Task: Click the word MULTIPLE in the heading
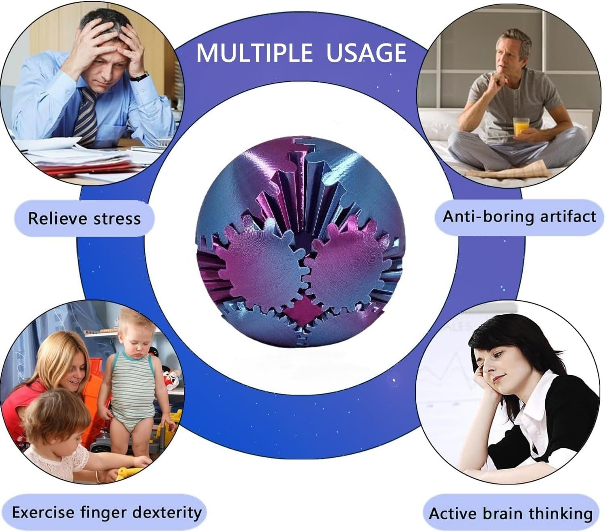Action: [x=254, y=53]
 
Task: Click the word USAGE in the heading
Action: [x=366, y=53]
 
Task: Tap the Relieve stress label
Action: [x=85, y=218]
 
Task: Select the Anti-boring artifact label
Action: [x=519, y=217]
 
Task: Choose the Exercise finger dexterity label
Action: [x=106, y=513]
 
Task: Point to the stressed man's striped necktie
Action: [x=87, y=116]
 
